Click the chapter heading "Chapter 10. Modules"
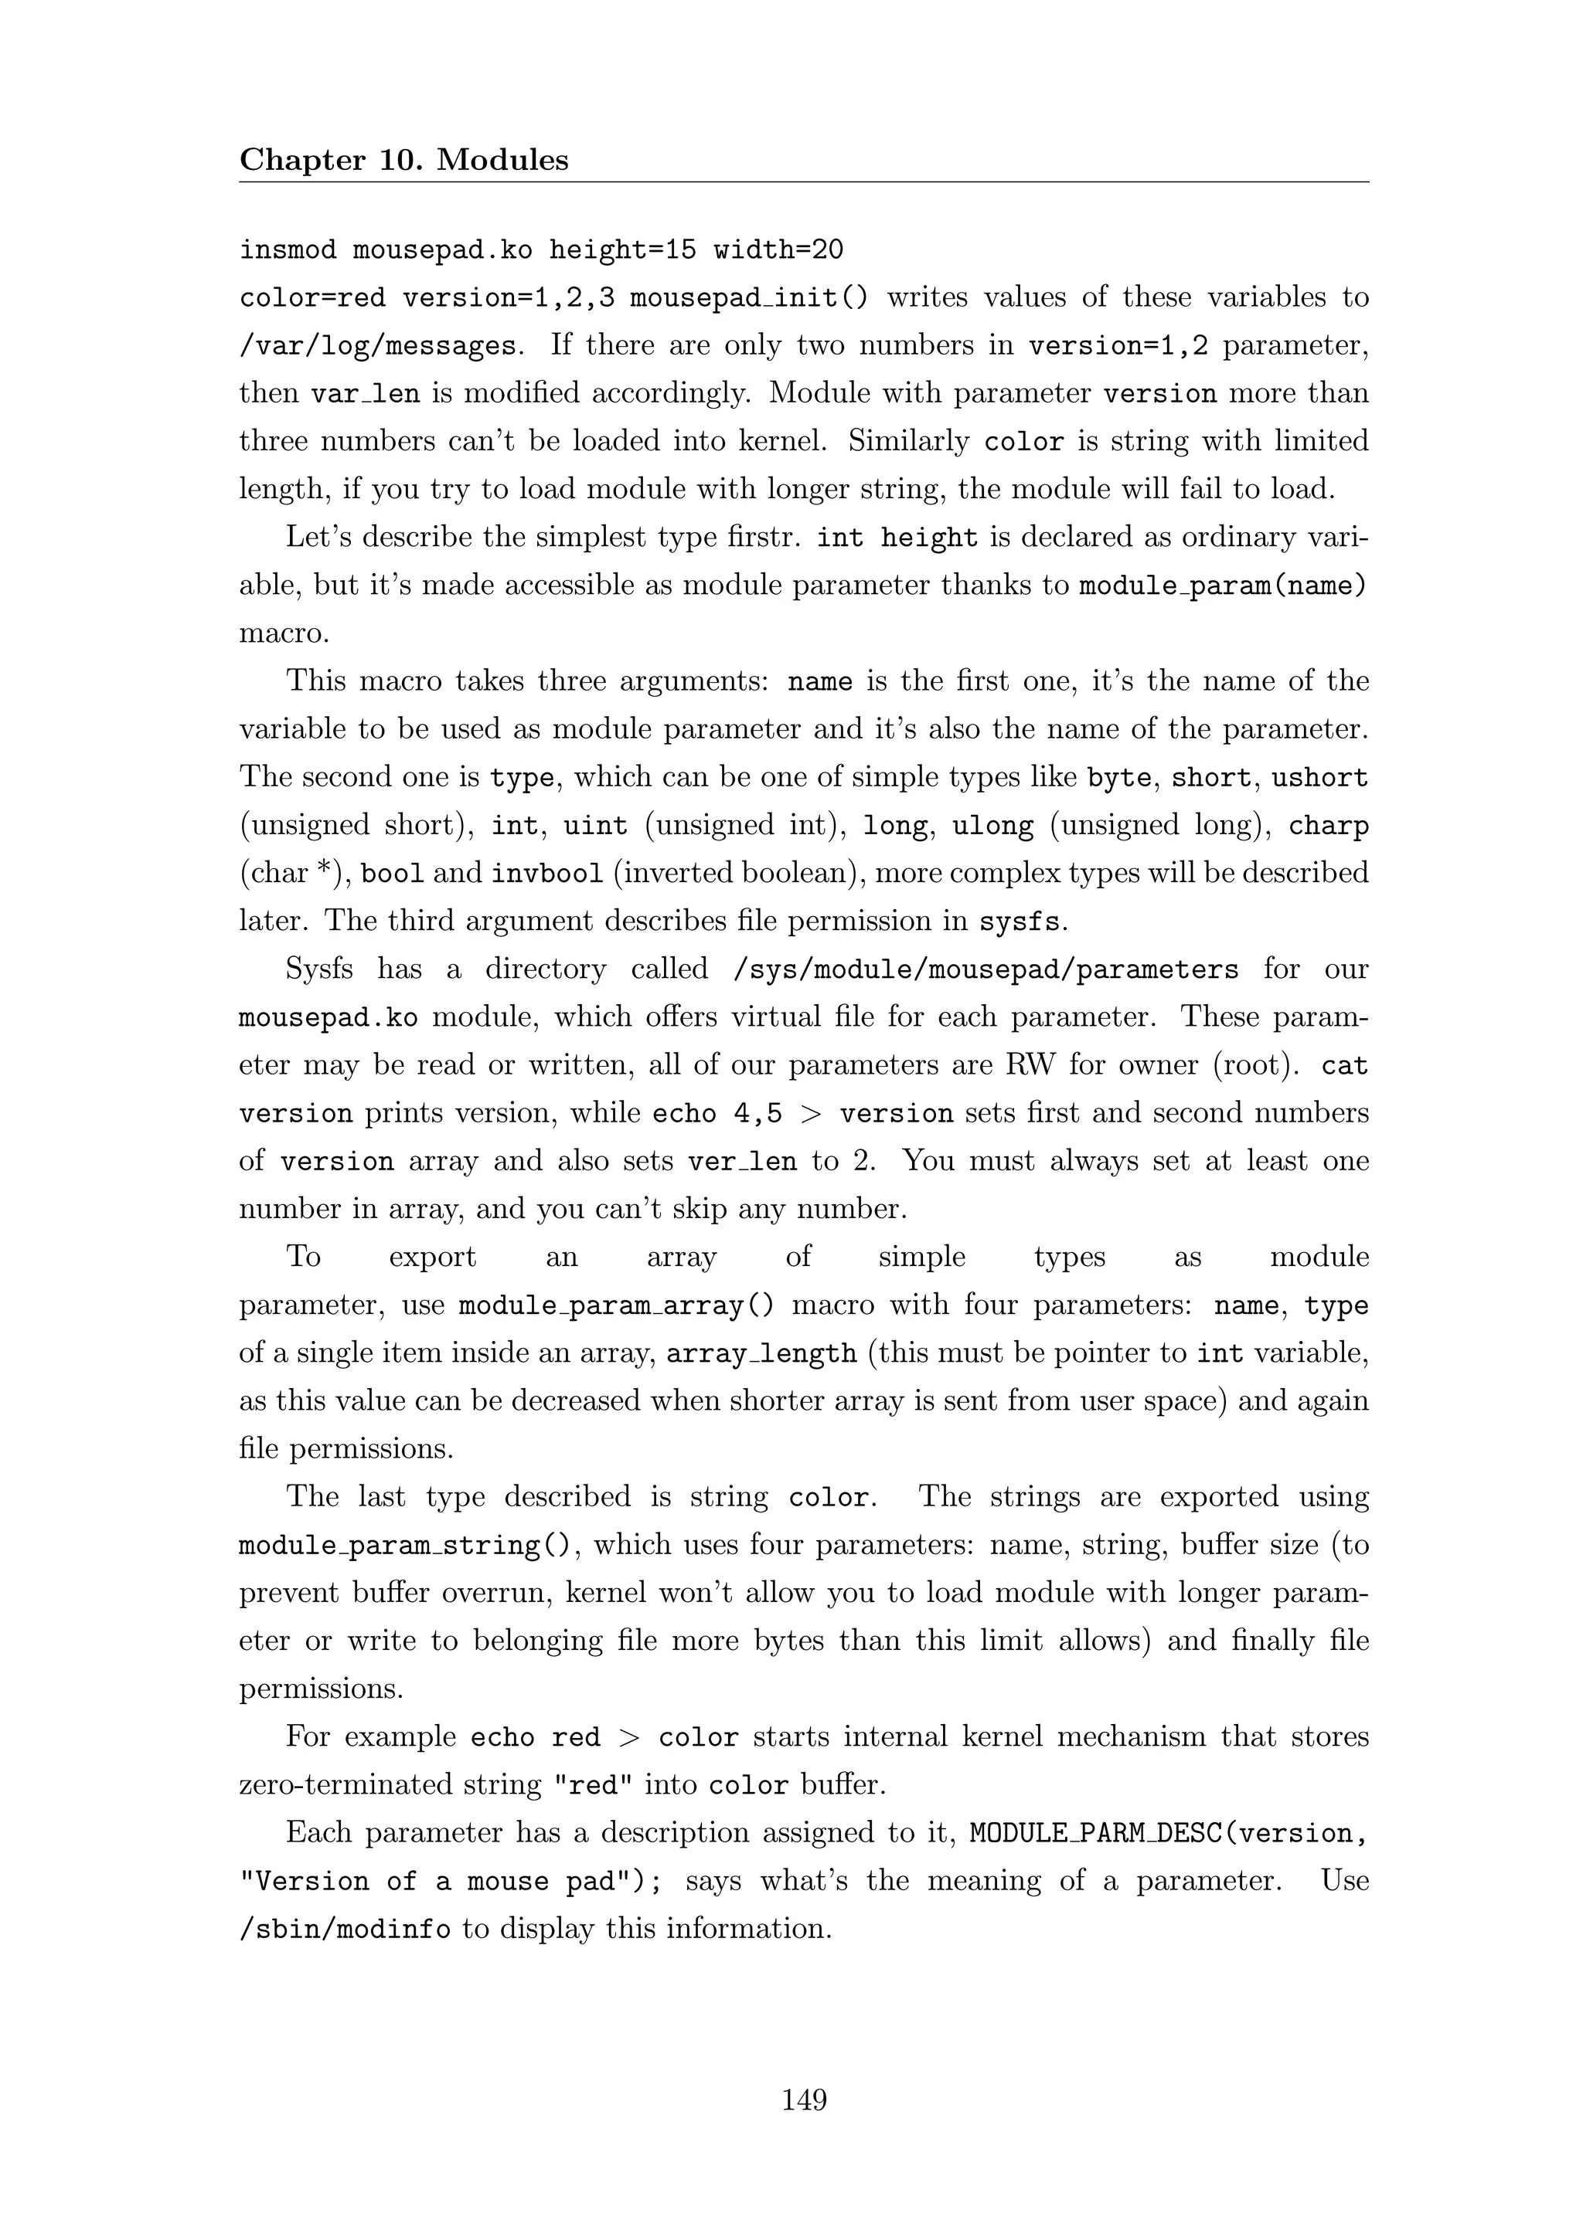coord(403,160)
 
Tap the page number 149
coord(804,2099)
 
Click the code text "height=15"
coord(623,250)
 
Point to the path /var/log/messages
coord(378,346)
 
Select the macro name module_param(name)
coord(1222,586)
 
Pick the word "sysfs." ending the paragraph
coord(1023,922)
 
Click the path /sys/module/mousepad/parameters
coord(986,969)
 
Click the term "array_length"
coord(761,1353)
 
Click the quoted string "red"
coord(593,1785)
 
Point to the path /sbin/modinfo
coord(345,1929)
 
